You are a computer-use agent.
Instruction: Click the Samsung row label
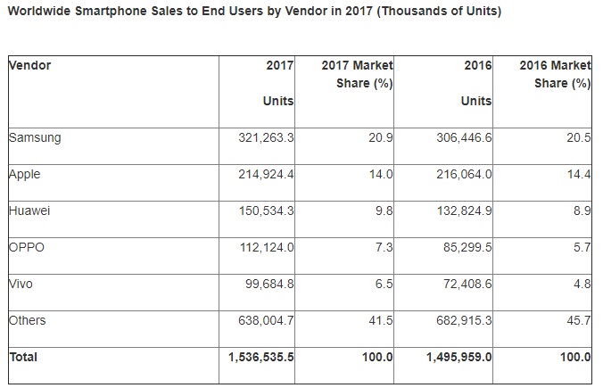point(34,138)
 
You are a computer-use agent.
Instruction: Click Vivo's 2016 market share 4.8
point(582,284)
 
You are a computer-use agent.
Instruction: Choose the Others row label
point(27,319)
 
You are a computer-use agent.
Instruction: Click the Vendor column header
point(29,66)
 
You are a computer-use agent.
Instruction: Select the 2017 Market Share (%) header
point(357,75)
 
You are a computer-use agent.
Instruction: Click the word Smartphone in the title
point(120,12)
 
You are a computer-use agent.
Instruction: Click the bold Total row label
point(25,357)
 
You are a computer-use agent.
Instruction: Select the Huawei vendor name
point(29,211)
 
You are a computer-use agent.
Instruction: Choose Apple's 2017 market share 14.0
point(381,175)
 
